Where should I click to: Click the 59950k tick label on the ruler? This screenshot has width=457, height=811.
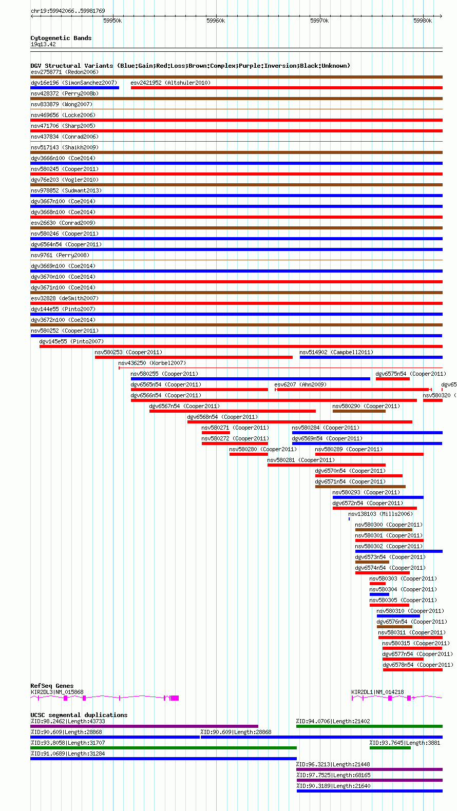coord(112,21)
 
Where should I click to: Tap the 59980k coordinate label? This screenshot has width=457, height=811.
coord(423,21)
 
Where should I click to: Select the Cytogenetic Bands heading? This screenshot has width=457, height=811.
coord(61,38)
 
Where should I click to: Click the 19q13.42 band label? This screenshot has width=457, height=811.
coord(43,45)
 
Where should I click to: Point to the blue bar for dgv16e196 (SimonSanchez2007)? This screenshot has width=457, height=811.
coord(74,88)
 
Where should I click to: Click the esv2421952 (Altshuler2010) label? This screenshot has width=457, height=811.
coord(170,83)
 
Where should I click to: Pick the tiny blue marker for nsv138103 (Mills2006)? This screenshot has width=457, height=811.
coord(349,519)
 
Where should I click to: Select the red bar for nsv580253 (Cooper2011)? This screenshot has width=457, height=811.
coord(194,357)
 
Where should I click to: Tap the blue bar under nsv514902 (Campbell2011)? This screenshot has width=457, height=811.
coord(371,357)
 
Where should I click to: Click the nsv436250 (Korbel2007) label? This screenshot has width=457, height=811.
coord(152,363)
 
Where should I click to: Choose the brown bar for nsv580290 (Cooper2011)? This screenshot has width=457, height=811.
coord(359,411)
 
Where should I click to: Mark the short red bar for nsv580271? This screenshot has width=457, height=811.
coord(216,433)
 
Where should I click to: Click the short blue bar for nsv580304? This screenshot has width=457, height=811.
coord(379,594)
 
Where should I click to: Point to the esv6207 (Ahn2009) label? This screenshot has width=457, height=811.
coord(300,384)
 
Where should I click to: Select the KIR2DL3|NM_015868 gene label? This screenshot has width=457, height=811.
coord(57,692)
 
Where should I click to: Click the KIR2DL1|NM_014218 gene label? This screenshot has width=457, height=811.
coord(378,692)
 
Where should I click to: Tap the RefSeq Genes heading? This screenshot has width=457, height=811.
coord(52,686)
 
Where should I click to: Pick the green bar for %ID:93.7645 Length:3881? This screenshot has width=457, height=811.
coord(390,748)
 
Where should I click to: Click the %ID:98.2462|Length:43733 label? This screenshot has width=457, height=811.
coord(68,721)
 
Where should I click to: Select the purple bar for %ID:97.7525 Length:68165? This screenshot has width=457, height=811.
coord(369,780)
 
